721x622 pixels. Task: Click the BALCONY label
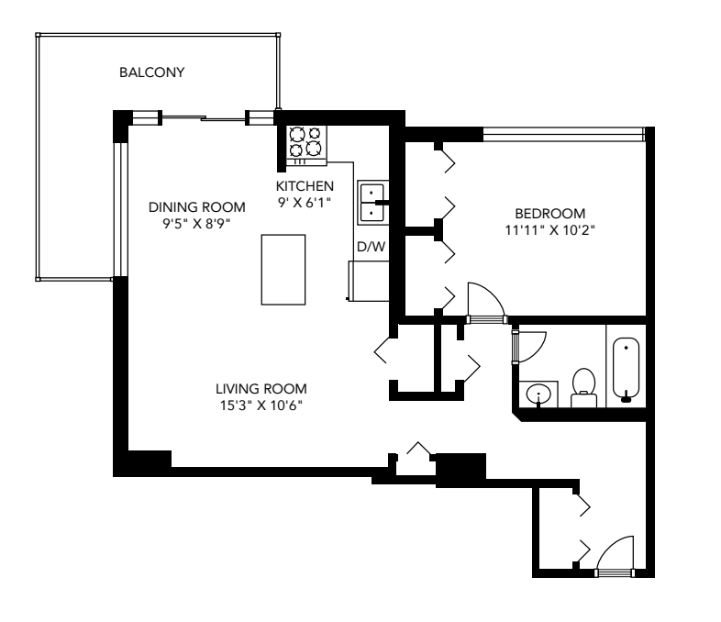click(151, 72)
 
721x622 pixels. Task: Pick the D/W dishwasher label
click(370, 247)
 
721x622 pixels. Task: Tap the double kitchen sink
click(372, 203)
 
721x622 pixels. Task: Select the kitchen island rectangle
click(283, 269)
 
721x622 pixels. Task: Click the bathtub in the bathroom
click(625, 369)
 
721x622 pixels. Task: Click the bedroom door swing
click(483, 303)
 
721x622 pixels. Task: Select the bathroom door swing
click(529, 344)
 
